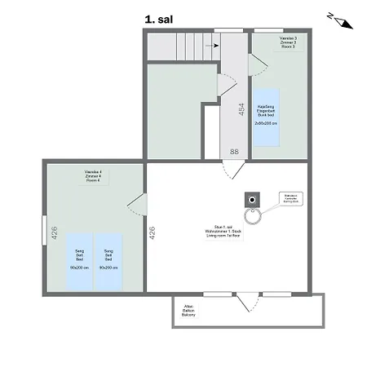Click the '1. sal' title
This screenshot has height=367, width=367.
(158, 17)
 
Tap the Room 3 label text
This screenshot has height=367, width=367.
(276, 43)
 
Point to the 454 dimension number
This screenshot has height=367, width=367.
(241, 109)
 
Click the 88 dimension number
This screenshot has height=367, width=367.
(234, 152)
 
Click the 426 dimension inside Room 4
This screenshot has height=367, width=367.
(55, 232)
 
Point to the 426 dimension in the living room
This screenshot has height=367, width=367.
(152, 232)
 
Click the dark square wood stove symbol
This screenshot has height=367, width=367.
(253, 198)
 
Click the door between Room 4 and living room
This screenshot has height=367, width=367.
(137, 206)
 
